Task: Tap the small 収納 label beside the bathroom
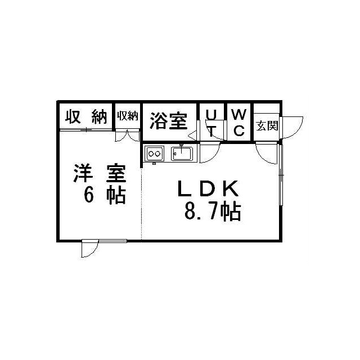(128, 116)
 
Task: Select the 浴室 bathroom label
(169, 120)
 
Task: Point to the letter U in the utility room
(211, 114)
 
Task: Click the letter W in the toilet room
(238, 114)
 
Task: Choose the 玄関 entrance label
(267, 125)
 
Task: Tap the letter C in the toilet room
(238, 132)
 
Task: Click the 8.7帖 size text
(212, 211)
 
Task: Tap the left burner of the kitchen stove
(150, 152)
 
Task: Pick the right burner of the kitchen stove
(159, 152)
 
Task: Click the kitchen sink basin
(182, 153)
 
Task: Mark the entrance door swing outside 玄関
(291, 127)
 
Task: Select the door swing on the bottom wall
(90, 248)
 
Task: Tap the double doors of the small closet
(128, 136)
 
